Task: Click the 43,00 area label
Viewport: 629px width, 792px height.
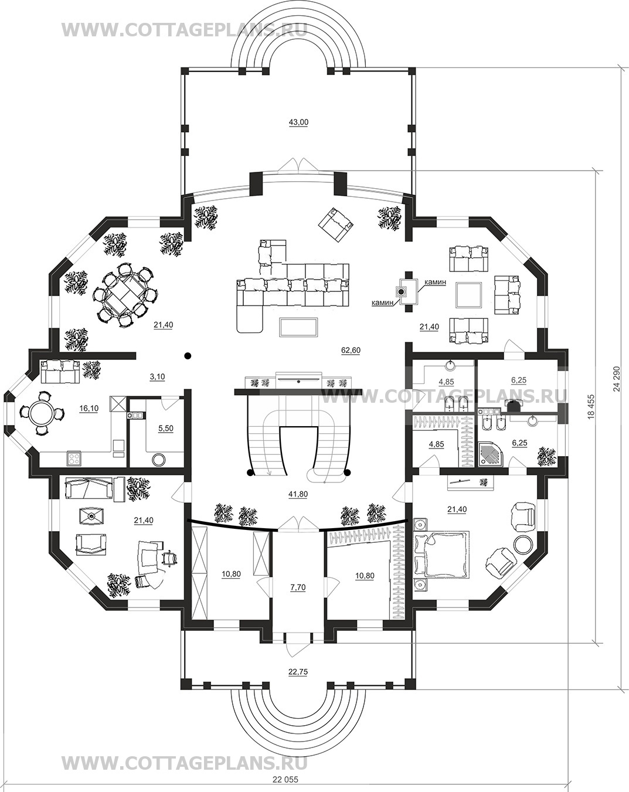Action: click(x=298, y=122)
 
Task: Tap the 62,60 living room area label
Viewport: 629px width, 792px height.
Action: click(x=351, y=350)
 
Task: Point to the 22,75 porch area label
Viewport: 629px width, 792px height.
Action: click(x=298, y=672)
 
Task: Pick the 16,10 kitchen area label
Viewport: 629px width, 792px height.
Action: click(x=89, y=408)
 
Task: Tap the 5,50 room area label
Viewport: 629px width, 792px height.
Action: click(x=166, y=429)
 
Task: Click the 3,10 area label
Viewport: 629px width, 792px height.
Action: click(x=157, y=376)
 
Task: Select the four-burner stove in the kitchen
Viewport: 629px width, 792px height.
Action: click(x=74, y=459)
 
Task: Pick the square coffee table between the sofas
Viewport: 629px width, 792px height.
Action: click(x=468, y=299)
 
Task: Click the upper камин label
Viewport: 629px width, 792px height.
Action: click(x=436, y=282)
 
